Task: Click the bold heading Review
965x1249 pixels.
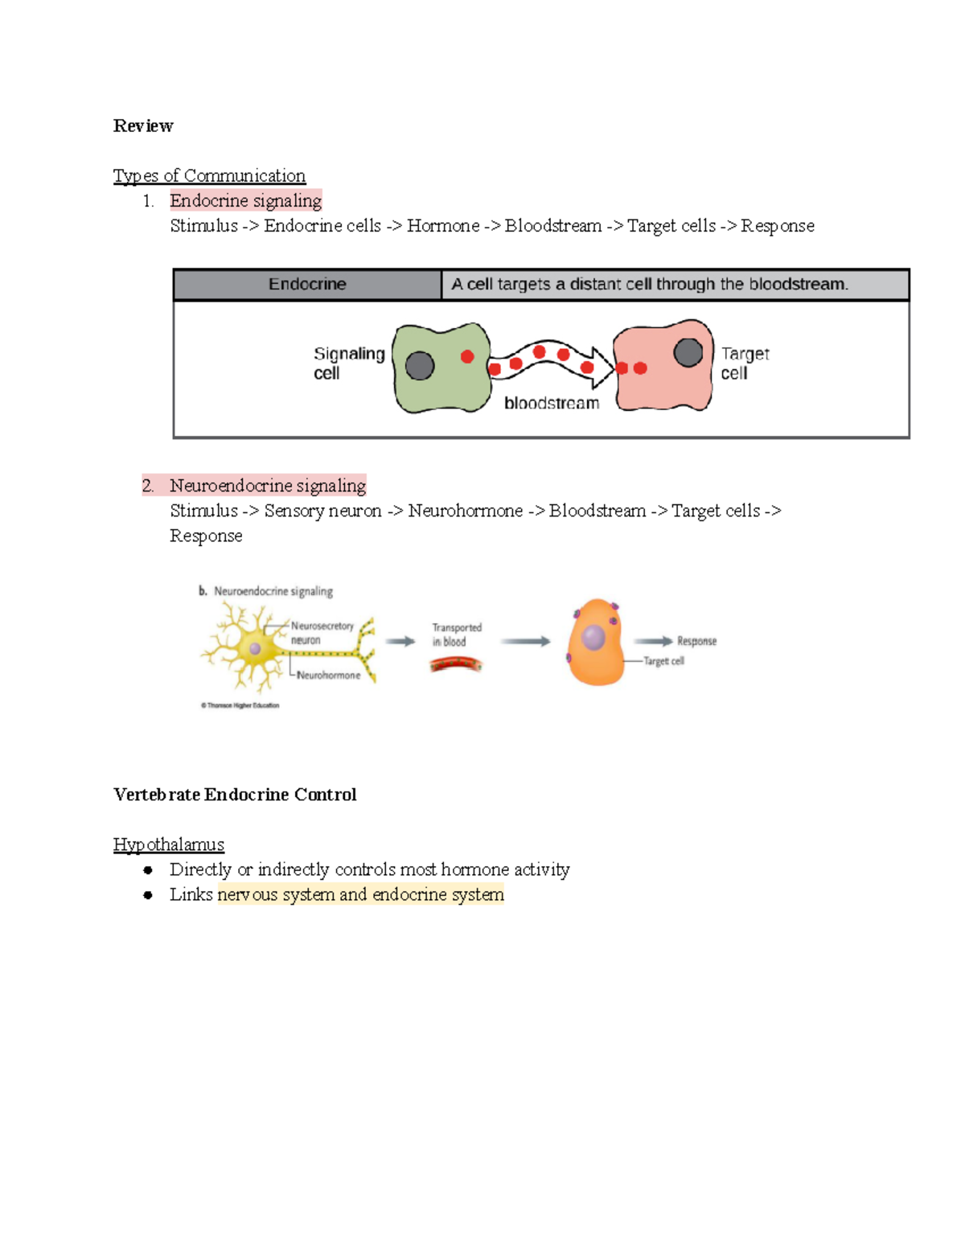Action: pos(143,125)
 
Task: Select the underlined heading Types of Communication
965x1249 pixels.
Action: pos(209,175)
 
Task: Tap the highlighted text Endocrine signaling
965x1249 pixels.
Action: pos(245,200)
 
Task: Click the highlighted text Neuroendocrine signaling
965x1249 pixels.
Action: pos(267,486)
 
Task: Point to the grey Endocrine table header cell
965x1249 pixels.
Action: pos(307,284)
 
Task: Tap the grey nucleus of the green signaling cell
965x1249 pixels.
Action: pos(420,366)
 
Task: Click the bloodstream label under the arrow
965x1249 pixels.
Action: pos(552,403)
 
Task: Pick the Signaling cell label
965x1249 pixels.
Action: pos(348,363)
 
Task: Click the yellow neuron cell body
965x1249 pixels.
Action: pos(254,647)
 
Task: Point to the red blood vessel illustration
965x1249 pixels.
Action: pos(456,664)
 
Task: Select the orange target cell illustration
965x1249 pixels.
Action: pos(595,643)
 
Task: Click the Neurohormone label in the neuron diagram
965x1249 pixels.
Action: pos(328,676)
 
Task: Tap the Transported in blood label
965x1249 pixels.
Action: pos(456,635)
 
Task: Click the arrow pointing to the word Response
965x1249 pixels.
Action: pos(653,641)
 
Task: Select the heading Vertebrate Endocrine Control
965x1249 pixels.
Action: pos(235,795)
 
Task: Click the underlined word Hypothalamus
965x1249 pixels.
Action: pos(169,844)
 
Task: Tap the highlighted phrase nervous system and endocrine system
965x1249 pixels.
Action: pos(360,894)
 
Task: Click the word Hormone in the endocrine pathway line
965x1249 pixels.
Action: pos(443,226)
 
